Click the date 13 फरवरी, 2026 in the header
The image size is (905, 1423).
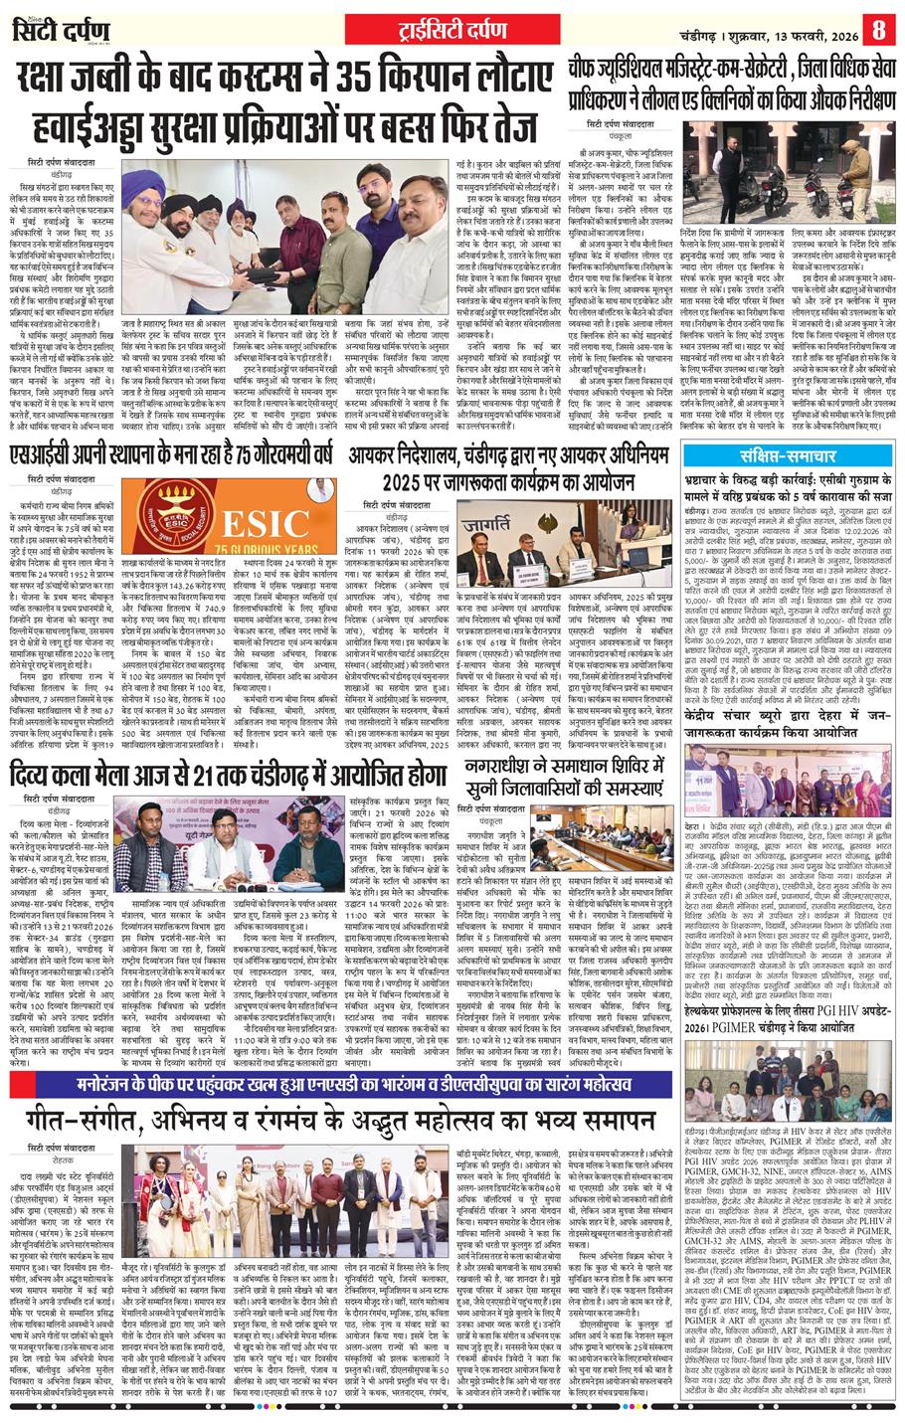pos(795,28)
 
